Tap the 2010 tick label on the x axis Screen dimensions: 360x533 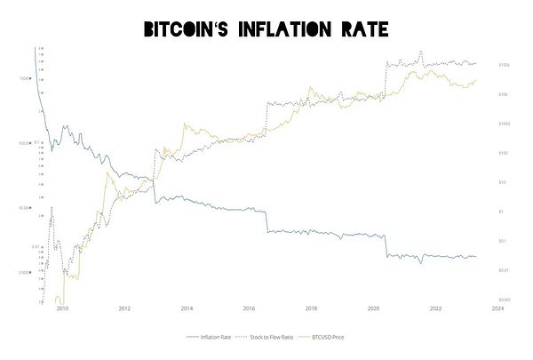click(62, 309)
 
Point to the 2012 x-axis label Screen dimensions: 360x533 click(124, 309)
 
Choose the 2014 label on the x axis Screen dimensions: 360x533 click(187, 309)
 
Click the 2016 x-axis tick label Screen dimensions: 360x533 click(249, 309)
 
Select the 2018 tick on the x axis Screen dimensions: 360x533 click(311, 309)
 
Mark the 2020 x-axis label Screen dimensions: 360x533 click(373, 309)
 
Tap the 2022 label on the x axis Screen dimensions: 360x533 click(435, 309)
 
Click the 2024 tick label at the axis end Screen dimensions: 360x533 click(497, 309)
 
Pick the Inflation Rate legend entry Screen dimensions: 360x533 click(209, 338)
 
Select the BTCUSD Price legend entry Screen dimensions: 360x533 click(330, 338)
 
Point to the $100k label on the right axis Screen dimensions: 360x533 click(504, 65)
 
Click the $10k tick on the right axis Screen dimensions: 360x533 click(503, 94)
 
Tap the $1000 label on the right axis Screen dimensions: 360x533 click(503, 124)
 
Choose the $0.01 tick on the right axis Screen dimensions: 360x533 click(503, 270)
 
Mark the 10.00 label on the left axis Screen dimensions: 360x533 click(25, 208)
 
